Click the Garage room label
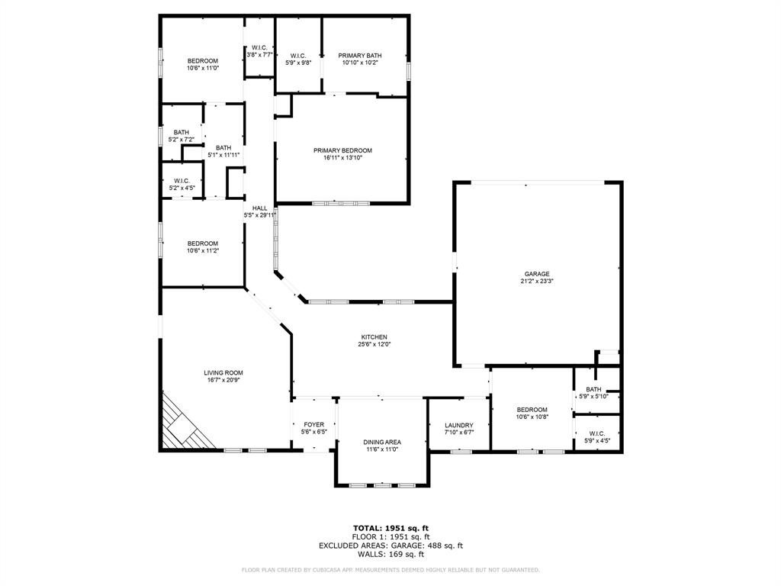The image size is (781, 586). [x=537, y=274]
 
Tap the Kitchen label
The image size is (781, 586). [x=374, y=337]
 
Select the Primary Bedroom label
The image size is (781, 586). [x=342, y=150]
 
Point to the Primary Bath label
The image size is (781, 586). [x=360, y=56]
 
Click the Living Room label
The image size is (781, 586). [x=223, y=373]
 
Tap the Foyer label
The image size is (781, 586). [x=313, y=425]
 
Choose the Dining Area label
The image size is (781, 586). [x=382, y=442]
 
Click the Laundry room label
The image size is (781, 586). [x=458, y=426]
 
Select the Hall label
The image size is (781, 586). [x=259, y=208]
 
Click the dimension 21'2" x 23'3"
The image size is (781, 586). [x=537, y=282]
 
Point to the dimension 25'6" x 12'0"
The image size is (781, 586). [x=374, y=345]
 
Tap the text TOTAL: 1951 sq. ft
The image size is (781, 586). [x=390, y=528]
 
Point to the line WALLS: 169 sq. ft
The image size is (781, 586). [x=390, y=555]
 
